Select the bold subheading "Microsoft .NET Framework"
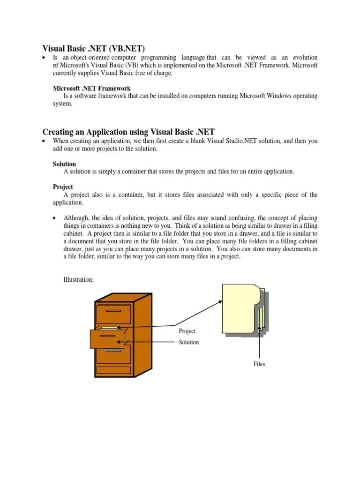point(91,88)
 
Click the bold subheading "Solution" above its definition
point(64,164)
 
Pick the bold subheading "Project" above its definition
point(63,187)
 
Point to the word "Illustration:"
point(79,279)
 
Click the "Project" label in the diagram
point(187,331)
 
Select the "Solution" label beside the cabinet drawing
point(188,342)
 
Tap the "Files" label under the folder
point(259,364)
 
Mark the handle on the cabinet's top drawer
point(113,311)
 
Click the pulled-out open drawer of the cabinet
point(107,339)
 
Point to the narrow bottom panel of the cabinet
point(113,370)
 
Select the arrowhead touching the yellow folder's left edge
point(220,302)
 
